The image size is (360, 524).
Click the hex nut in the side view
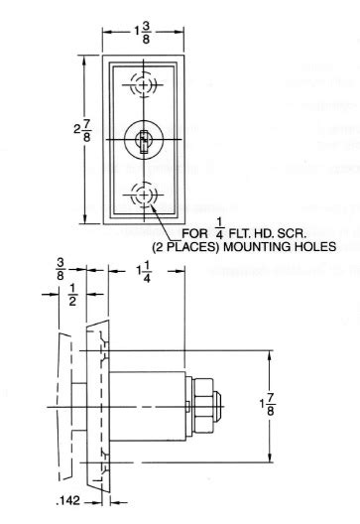pyautogui.click(x=204, y=407)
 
